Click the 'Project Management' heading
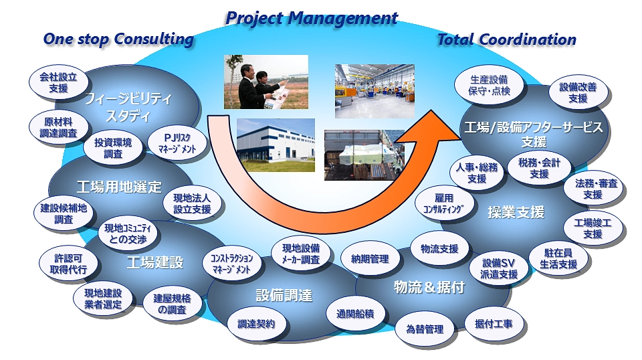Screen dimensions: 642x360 pyautogui.click(x=312, y=18)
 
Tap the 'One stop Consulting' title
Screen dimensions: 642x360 pyautogui.click(x=118, y=39)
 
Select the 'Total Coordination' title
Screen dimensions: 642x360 pyautogui.click(x=507, y=39)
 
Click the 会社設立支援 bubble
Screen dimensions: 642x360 pyautogui.click(x=58, y=82)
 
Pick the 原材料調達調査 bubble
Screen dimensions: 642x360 pyautogui.click(x=59, y=127)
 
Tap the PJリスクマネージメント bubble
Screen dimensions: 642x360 pyautogui.click(x=177, y=143)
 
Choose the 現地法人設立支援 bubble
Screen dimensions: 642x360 pyautogui.click(x=192, y=203)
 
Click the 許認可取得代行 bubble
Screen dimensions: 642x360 pyautogui.click(x=68, y=264)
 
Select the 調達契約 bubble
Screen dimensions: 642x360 pyautogui.click(x=256, y=324)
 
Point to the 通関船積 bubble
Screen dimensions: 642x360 pyautogui.click(x=355, y=314)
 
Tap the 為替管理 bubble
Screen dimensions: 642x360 pyautogui.click(x=425, y=329)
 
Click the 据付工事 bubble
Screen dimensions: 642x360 pyautogui.click(x=494, y=324)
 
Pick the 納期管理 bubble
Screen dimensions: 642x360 pyautogui.click(x=370, y=259)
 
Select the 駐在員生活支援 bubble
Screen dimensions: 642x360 pyautogui.click(x=558, y=259)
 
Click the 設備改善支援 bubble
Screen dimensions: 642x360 pyautogui.click(x=578, y=92)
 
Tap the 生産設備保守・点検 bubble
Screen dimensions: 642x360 pyautogui.click(x=489, y=86)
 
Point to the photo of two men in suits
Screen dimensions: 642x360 pyautogui.click(x=265, y=82)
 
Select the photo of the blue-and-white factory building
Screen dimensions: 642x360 pyautogui.click(x=276, y=145)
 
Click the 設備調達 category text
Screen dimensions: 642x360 pyautogui.click(x=284, y=295)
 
